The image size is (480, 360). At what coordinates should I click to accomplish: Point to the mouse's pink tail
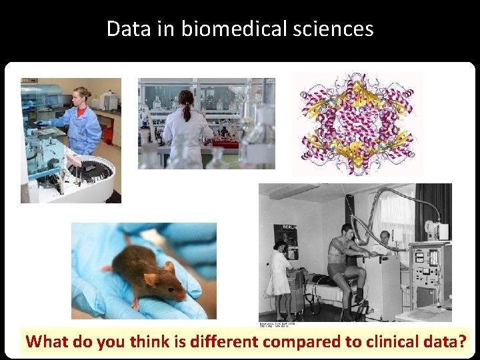[107, 268]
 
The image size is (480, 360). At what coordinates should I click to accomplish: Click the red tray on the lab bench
[227, 143]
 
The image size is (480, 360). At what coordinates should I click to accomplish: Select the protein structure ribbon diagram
[357, 123]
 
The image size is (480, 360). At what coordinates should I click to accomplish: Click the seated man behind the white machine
[385, 240]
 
